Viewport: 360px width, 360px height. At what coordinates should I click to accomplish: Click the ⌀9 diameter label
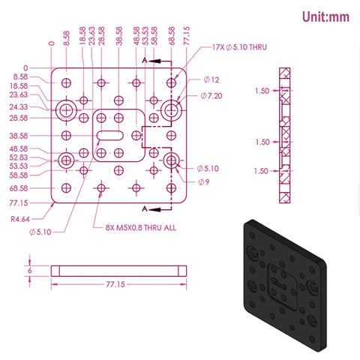pos(204,181)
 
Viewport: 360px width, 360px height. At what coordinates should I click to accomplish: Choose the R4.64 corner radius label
pos(21,219)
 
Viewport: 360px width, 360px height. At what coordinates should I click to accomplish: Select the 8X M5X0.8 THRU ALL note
pos(135,226)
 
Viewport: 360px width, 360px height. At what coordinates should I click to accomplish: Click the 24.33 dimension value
pos(19,106)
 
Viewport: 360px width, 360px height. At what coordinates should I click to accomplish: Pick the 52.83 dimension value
pos(19,157)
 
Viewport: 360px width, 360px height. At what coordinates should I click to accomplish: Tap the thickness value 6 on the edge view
pos(31,270)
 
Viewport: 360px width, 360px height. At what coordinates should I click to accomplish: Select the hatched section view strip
pos(283,137)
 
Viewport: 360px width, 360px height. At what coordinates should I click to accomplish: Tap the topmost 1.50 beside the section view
pos(261,91)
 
